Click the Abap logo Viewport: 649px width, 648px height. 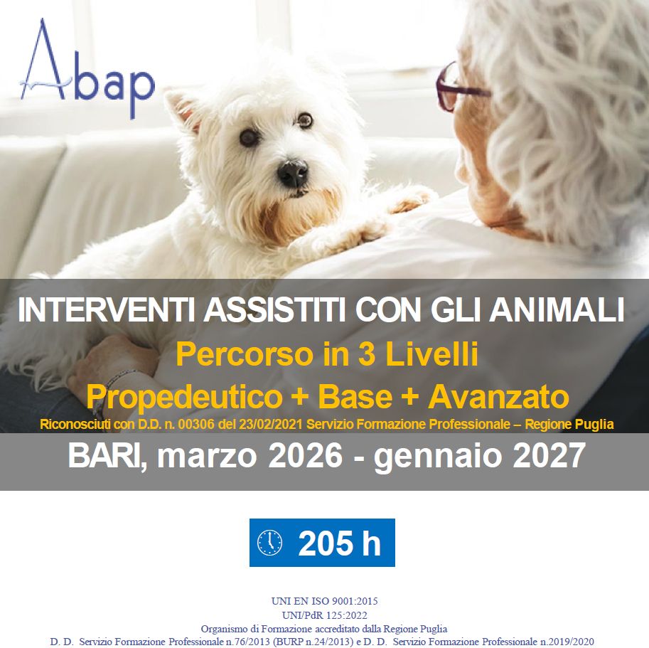87,68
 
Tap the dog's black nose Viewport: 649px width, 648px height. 293,173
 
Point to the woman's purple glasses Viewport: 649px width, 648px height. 458,87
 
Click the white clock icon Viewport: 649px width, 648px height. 270,543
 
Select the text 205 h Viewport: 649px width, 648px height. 339,543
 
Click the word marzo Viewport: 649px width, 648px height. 207,457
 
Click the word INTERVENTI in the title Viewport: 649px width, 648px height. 106,310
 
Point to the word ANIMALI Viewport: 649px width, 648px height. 557,310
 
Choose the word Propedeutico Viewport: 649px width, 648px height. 184,398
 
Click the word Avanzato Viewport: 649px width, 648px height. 498,397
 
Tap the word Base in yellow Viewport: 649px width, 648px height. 355,397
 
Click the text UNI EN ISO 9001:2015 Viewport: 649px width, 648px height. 324,601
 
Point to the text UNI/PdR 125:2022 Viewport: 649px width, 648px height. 324,615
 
